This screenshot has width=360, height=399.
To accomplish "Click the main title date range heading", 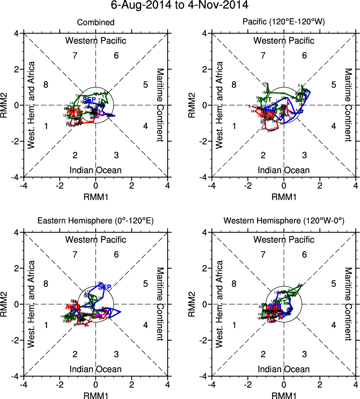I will tap(180, 6).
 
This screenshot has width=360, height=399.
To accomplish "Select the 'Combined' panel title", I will tap(96, 23).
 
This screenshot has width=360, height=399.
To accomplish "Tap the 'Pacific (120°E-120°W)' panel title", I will tap(284, 23).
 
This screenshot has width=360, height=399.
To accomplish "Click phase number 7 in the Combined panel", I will tap(75, 56).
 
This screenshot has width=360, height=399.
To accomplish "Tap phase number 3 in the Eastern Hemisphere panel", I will tap(116, 354).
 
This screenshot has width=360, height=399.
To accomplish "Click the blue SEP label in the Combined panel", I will tap(90, 100).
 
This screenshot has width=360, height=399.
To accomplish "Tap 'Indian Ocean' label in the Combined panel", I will tap(96, 170).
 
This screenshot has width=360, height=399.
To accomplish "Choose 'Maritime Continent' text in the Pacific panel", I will tap(348, 105).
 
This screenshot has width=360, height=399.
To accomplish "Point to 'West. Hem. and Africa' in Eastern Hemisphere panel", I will tap(32, 304).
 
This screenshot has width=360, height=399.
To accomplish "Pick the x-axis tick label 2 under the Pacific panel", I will tap(320, 186).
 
